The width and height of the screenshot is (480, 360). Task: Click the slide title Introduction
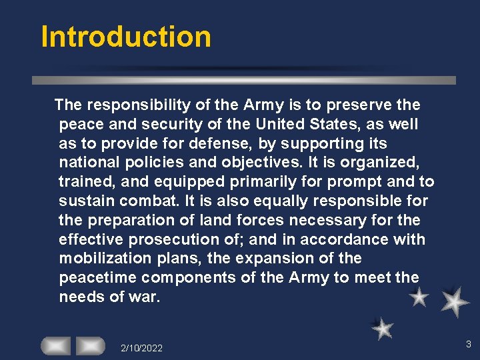126,37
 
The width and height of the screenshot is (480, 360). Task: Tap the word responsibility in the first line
130,105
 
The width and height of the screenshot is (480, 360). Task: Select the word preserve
361,105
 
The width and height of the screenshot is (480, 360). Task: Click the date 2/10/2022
141,348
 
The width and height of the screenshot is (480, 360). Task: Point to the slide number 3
468,344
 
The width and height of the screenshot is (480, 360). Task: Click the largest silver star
455,301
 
